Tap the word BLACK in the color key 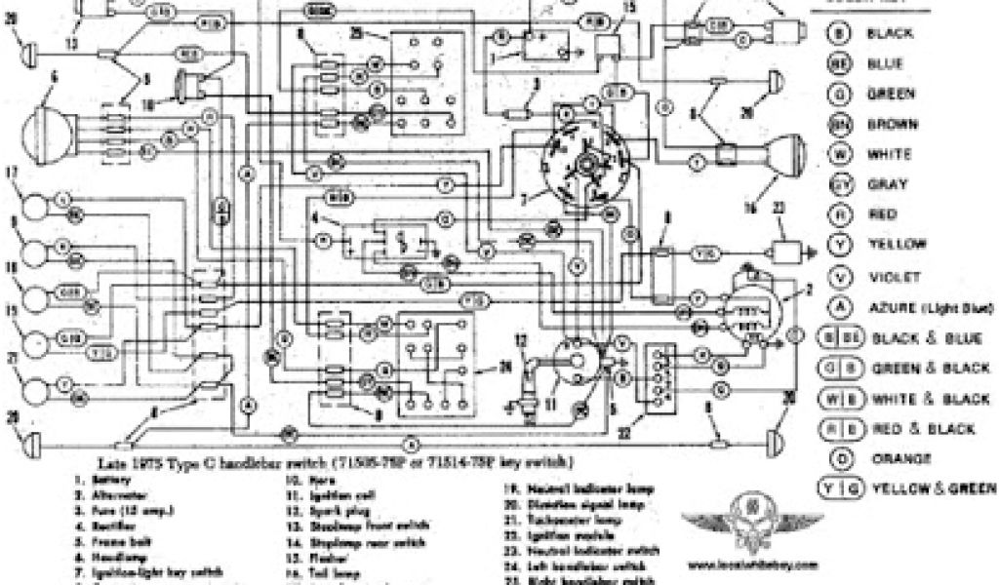point(890,33)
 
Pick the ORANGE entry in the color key point(894,457)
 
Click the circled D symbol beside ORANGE point(837,457)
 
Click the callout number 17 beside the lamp point(12,172)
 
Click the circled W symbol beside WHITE point(837,154)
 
